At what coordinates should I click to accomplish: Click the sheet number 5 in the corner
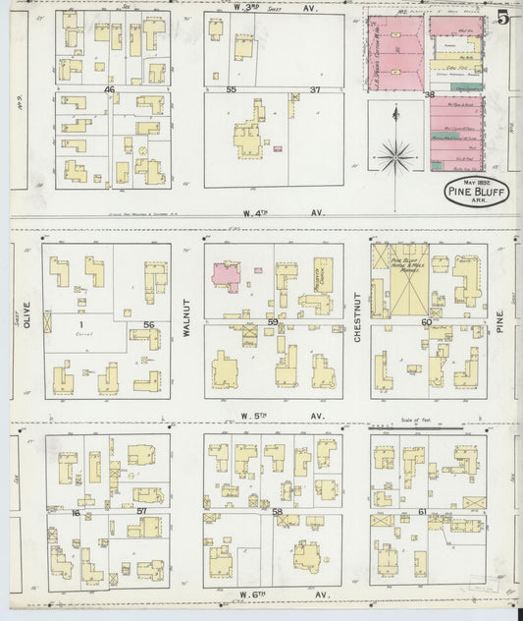(x=502, y=17)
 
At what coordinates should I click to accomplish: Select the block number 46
(x=110, y=89)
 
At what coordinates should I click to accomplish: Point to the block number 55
(x=231, y=89)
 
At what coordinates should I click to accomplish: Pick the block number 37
(x=316, y=89)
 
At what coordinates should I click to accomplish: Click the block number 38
(x=428, y=94)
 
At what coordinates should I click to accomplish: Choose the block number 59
(x=273, y=322)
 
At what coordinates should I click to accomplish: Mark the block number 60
(x=426, y=322)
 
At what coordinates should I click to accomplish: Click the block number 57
(x=141, y=511)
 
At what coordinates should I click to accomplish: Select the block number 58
(x=277, y=511)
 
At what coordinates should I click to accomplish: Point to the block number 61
(x=423, y=511)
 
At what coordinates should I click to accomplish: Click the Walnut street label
(x=186, y=321)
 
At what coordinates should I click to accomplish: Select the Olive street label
(x=26, y=321)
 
